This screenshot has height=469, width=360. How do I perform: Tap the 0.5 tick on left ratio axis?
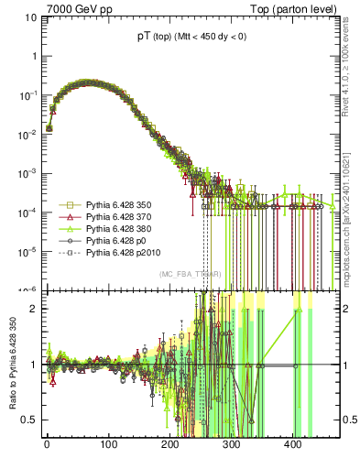[x=27, y=420]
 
